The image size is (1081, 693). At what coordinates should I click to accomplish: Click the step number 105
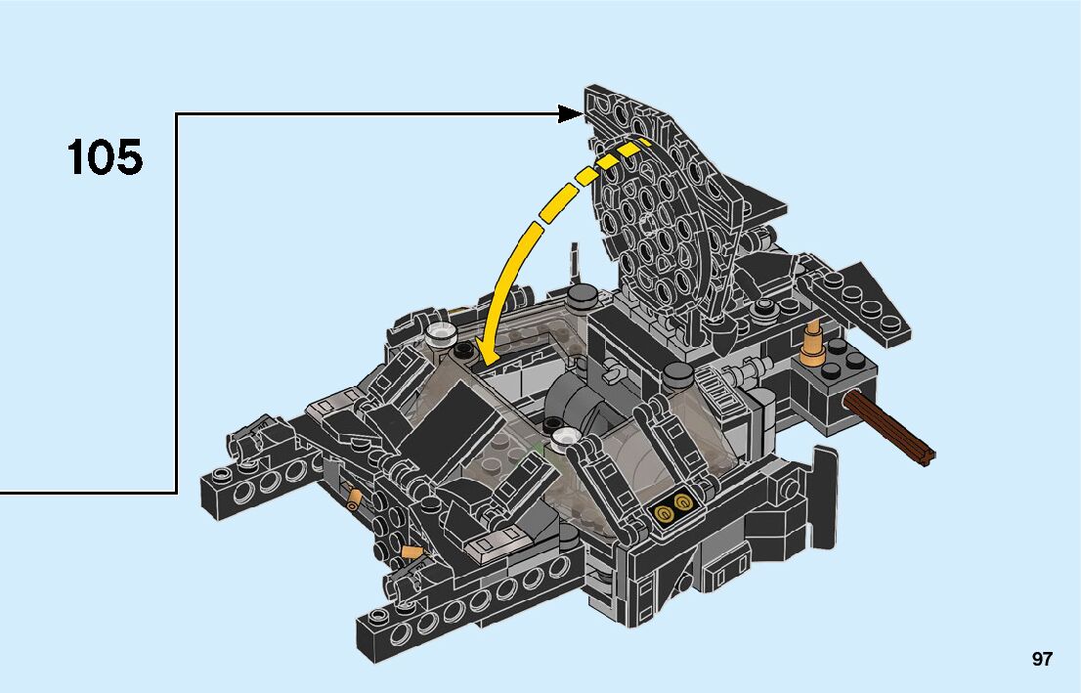pyautogui.click(x=105, y=157)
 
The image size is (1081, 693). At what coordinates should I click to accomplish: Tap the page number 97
pyautogui.click(x=1042, y=659)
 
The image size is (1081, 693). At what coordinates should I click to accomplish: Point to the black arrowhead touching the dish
pyautogui.click(x=571, y=113)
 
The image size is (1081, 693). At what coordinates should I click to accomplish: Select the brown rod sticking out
pyautogui.click(x=889, y=427)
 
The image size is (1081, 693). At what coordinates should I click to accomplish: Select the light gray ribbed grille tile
pyautogui.click(x=720, y=392)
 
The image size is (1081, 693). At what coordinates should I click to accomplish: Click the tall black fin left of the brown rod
pyautogui.click(x=825, y=497)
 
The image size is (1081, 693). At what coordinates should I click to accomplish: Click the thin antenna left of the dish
pyautogui.click(x=572, y=263)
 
